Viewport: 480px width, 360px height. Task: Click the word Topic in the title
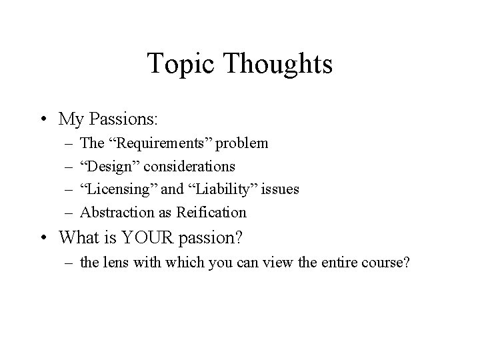[177, 65]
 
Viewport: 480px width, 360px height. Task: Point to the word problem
[246, 143]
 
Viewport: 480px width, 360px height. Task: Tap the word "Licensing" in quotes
[119, 189]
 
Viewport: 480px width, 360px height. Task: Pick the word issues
[280, 189]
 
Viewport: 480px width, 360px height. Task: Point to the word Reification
[213, 213]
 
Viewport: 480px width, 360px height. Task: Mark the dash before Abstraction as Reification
[69, 213]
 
